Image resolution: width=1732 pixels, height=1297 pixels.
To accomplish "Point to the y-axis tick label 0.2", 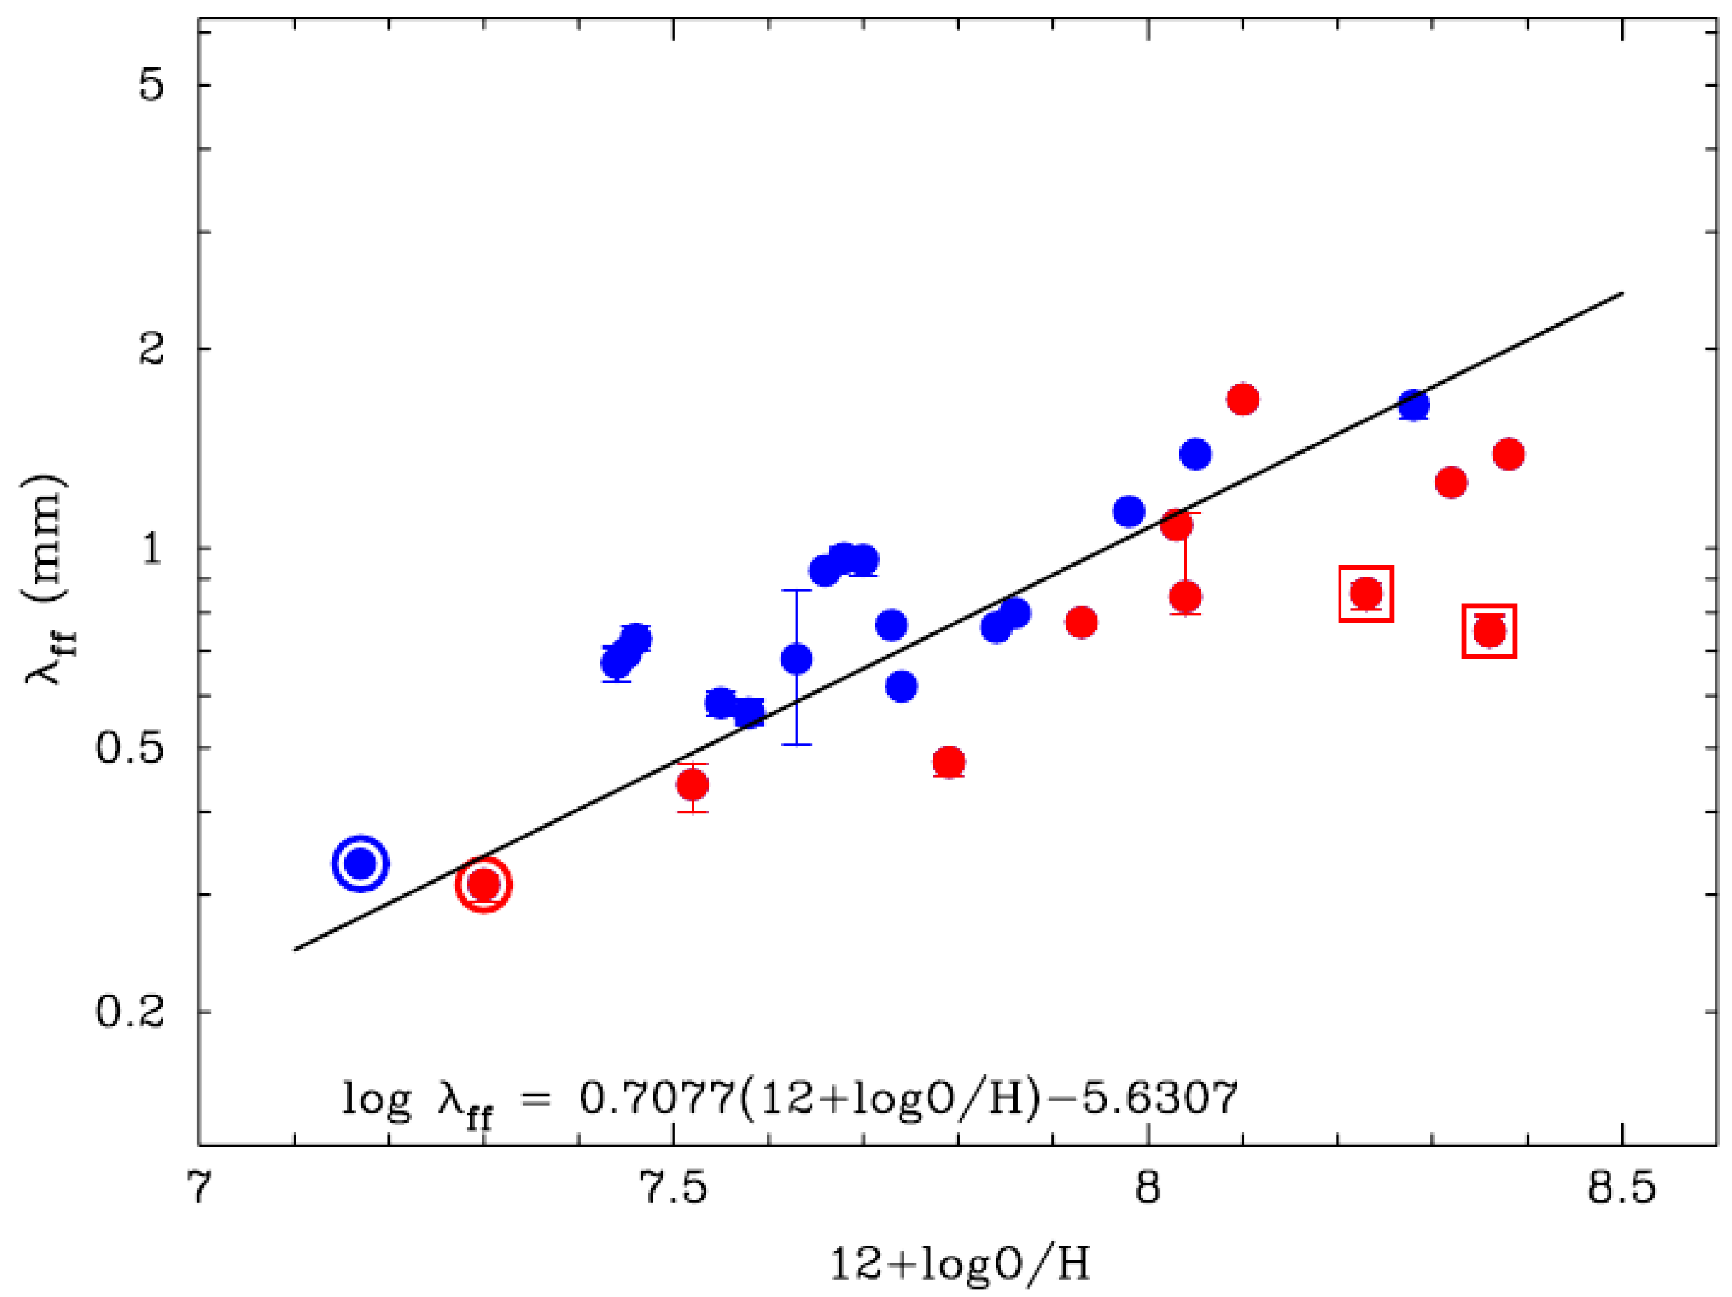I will [x=130, y=1011].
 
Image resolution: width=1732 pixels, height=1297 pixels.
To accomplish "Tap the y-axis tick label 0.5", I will [x=130, y=747].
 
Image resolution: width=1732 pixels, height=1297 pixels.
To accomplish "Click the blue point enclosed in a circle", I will [x=360, y=864].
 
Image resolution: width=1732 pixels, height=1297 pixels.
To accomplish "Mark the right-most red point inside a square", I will [x=1489, y=631].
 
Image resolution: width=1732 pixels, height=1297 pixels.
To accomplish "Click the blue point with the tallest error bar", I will [x=796, y=659].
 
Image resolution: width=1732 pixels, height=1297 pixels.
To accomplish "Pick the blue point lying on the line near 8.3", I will [x=1414, y=405].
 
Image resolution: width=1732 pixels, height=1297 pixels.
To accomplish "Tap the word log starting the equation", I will [x=376, y=1100].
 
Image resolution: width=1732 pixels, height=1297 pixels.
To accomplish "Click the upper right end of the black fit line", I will [x=1621, y=293].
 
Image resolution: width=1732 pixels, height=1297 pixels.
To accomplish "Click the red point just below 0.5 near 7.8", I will [x=948, y=761].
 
